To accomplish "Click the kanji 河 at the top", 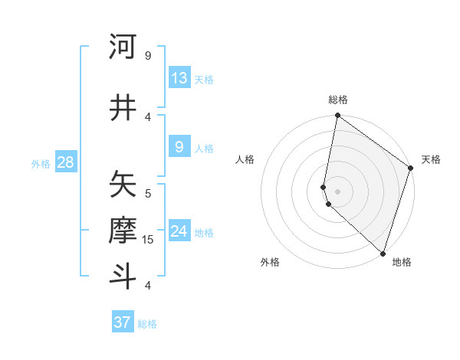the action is click(123, 47).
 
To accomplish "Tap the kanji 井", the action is click(123, 107).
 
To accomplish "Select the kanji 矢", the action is click(123, 184).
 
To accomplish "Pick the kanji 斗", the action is click(123, 276).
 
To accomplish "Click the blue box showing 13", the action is click(179, 78).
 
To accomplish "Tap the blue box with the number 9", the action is click(179, 147).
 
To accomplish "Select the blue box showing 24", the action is click(179, 231).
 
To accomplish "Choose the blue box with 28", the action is click(65, 162).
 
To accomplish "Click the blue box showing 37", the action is click(123, 322).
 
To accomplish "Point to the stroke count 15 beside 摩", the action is click(148, 240).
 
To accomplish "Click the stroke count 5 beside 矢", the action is click(148, 194).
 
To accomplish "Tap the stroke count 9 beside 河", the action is click(148, 56).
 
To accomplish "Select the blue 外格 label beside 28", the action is click(41, 163).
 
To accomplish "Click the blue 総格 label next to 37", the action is click(147, 323).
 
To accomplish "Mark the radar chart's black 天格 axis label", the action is click(431, 159).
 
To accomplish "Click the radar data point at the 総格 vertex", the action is click(337, 116).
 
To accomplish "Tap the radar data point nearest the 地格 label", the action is click(383, 254).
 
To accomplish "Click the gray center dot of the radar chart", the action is click(337, 191).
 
